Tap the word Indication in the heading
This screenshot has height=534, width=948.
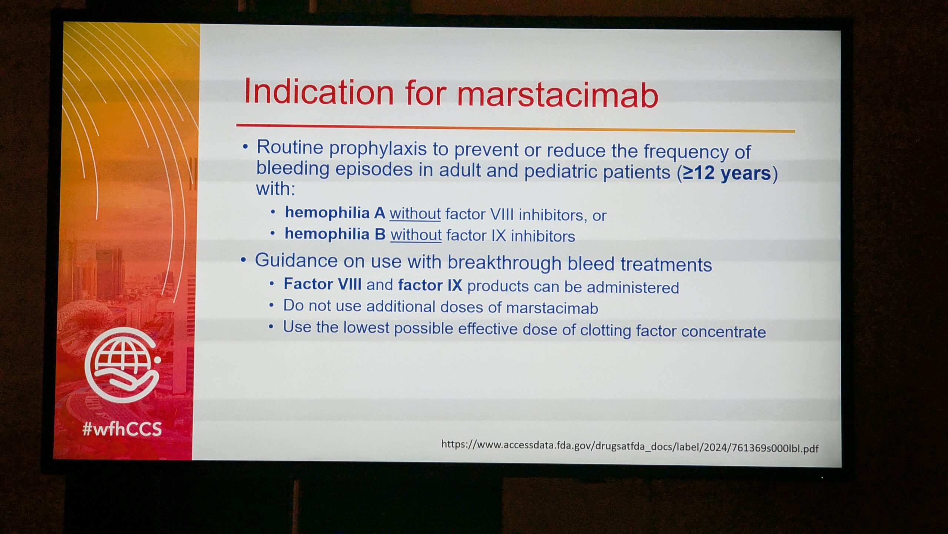pyautogui.click(x=319, y=92)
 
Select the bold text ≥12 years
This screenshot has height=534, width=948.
pyautogui.click(x=727, y=173)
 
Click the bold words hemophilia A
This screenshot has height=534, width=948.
pyautogui.click(x=335, y=212)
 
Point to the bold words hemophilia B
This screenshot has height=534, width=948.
pyautogui.click(x=335, y=234)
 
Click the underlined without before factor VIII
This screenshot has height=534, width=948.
pyautogui.click(x=415, y=214)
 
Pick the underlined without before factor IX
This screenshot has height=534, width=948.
pyautogui.click(x=416, y=235)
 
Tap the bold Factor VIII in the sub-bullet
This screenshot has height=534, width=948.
pyautogui.click(x=323, y=284)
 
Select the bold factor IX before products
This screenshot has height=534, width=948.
pyautogui.click(x=430, y=285)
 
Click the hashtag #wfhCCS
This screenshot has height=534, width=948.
pyautogui.click(x=122, y=429)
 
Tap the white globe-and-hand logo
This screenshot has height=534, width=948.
pyautogui.click(x=123, y=365)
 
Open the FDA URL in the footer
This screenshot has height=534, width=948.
pyautogui.click(x=630, y=446)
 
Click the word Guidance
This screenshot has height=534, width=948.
pyautogui.click(x=296, y=260)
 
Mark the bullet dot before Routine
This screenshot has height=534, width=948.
pyautogui.click(x=245, y=147)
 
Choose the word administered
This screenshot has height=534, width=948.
pyautogui.click(x=633, y=287)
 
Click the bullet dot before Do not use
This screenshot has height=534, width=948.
pyautogui.click(x=271, y=306)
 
